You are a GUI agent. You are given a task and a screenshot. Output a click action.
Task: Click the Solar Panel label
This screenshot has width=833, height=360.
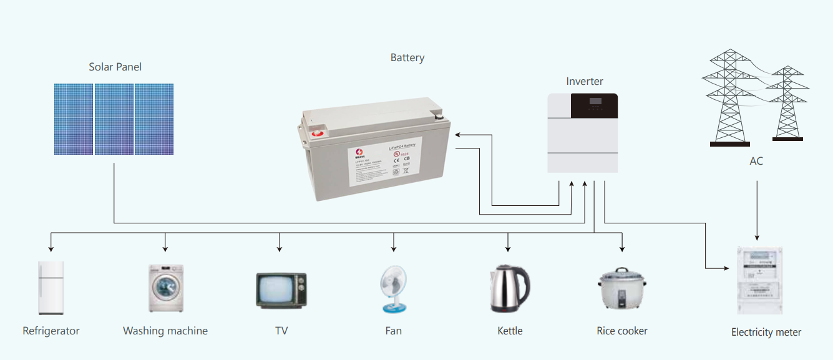click(x=115, y=67)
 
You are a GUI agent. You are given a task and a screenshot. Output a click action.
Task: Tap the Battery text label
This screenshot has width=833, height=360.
click(x=407, y=58)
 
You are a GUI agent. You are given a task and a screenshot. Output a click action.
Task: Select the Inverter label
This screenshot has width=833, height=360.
click(x=585, y=82)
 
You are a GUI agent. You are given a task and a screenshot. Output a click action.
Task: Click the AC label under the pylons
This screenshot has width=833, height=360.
click(x=756, y=162)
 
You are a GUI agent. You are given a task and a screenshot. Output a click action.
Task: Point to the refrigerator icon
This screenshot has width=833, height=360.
click(x=51, y=288)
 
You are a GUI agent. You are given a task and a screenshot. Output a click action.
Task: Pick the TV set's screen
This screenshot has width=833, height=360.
click(x=275, y=290)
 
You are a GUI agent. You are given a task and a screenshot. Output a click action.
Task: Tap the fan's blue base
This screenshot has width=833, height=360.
click(x=394, y=308)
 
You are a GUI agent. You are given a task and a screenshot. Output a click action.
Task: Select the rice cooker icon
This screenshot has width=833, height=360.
click(x=621, y=290)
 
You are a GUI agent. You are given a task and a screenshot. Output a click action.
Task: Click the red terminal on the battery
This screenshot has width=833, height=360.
click(x=318, y=132)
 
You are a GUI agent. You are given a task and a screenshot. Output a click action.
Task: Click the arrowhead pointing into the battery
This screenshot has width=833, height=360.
click(x=457, y=134)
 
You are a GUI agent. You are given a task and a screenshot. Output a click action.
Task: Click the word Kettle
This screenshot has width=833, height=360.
click(x=510, y=331)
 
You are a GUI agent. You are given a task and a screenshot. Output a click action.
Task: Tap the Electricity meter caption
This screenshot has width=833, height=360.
click(x=766, y=333)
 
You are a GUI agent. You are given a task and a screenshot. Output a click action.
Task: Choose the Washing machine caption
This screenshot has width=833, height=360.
click(x=165, y=331)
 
